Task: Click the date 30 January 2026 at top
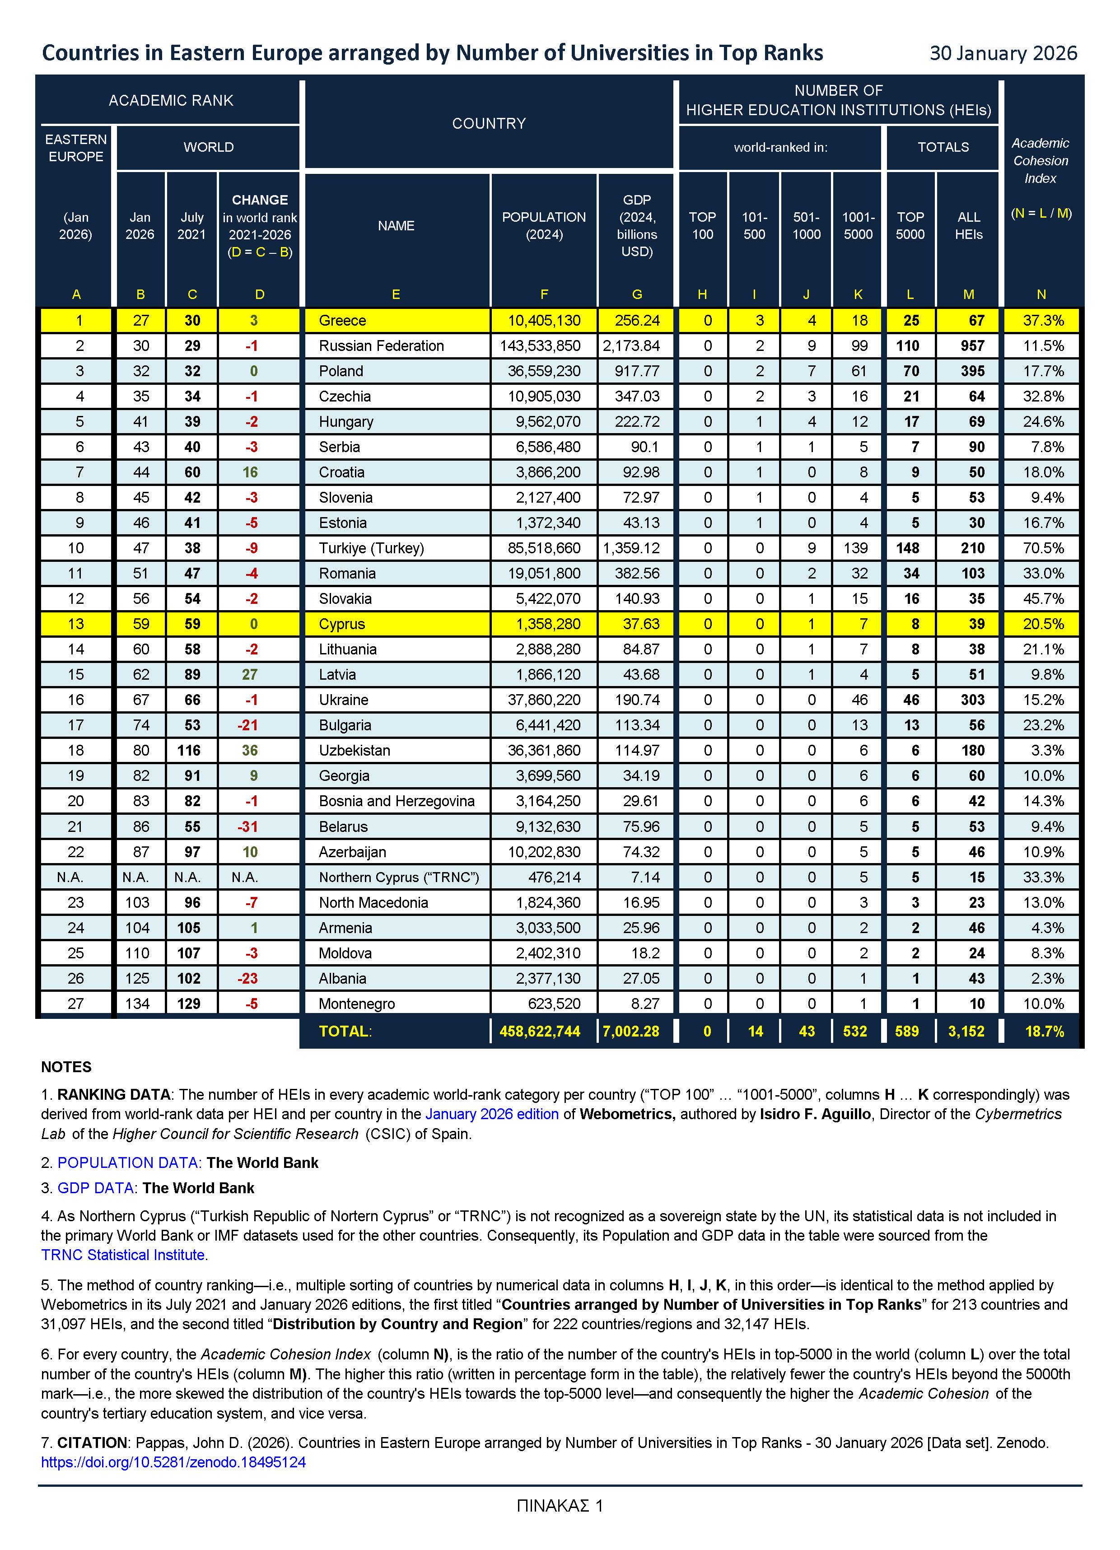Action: pyautogui.click(x=1003, y=53)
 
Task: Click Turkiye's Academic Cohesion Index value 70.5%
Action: pyautogui.click(x=1043, y=548)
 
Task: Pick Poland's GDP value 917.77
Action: pyautogui.click(x=637, y=371)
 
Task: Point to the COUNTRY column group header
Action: pyautogui.click(x=489, y=124)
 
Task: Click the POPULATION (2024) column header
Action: pyautogui.click(x=544, y=225)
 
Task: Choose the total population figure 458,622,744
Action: pyautogui.click(x=540, y=1031)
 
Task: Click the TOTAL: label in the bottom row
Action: pyautogui.click(x=345, y=1031)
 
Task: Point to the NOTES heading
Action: pyautogui.click(x=66, y=1067)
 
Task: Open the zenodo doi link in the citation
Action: pyautogui.click(x=173, y=1462)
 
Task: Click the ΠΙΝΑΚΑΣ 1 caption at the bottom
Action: pyautogui.click(x=560, y=1506)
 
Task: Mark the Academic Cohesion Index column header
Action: pyautogui.click(x=1040, y=161)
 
